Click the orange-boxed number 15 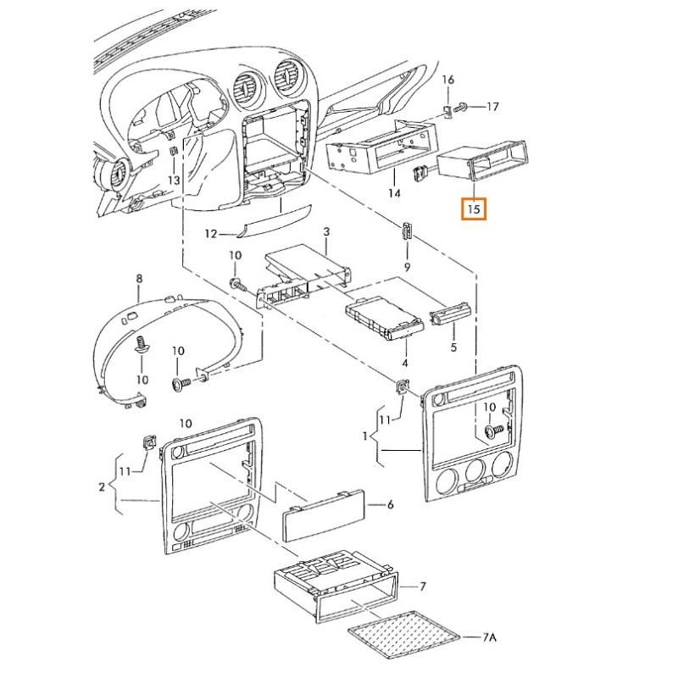[x=473, y=207]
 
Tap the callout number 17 [x=492, y=107]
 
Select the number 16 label [x=448, y=80]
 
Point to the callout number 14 [x=394, y=194]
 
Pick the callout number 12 [x=212, y=233]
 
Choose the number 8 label [x=140, y=279]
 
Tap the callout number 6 [x=391, y=505]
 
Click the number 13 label [x=173, y=181]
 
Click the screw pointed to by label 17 [x=462, y=108]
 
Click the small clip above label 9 [x=408, y=230]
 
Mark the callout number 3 [x=326, y=232]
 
